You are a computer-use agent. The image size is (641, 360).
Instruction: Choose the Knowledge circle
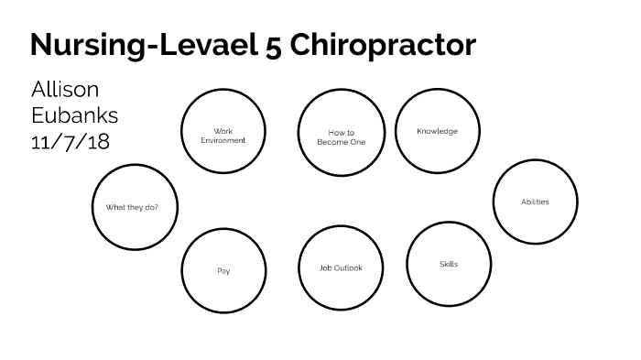tap(437, 131)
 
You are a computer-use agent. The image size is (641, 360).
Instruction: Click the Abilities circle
tap(535, 202)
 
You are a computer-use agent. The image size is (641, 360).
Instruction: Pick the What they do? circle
tap(135, 208)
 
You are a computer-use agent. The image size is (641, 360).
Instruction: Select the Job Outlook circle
tap(341, 268)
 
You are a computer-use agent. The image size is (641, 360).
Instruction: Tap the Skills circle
tap(449, 265)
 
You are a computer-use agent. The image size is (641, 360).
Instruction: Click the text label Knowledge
tap(437, 131)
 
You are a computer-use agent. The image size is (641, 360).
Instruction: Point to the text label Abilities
tap(535, 202)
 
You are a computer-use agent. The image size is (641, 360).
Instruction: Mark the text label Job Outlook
tap(341, 268)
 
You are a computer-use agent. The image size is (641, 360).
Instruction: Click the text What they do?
tap(132, 208)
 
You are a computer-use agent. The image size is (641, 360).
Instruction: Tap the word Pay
tap(223, 271)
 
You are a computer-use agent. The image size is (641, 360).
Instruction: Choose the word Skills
tap(449, 265)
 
